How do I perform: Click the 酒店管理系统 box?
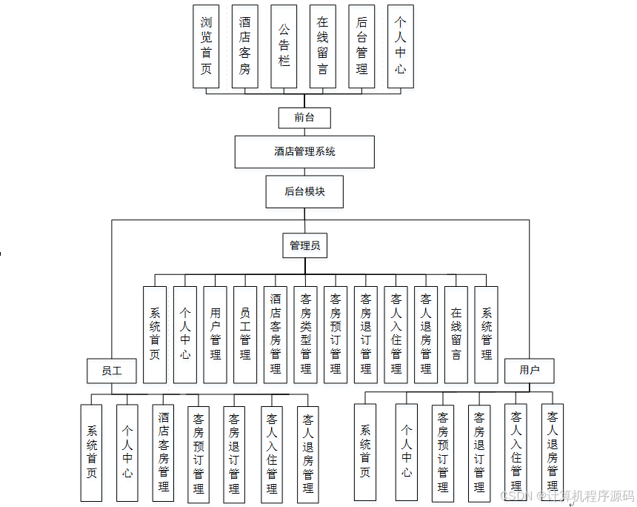pyautogui.click(x=304, y=151)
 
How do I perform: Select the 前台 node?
pyautogui.click(x=304, y=117)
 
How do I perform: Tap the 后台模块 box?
pyautogui.click(x=304, y=191)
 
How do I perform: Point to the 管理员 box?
pyautogui.click(x=304, y=245)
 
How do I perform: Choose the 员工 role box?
pyautogui.click(x=112, y=370)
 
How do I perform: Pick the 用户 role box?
pyautogui.click(x=530, y=370)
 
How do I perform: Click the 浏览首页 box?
pyautogui.click(x=206, y=47)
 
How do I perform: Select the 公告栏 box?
pyautogui.click(x=284, y=47)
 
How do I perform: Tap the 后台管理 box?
pyautogui.click(x=361, y=47)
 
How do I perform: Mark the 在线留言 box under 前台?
pyautogui.click(x=323, y=47)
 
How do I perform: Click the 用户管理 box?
pyautogui.click(x=215, y=335)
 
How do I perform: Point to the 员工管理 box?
pyautogui.click(x=245, y=335)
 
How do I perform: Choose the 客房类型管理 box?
pyautogui.click(x=305, y=335)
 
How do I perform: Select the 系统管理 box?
pyautogui.click(x=486, y=335)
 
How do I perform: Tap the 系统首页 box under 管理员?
pyautogui.click(x=154, y=335)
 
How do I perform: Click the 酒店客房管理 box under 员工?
pyautogui.click(x=164, y=452)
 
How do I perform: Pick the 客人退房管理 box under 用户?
pyautogui.click(x=552, y=452)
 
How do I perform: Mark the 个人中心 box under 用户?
pyautogui.click(x=406, y=452)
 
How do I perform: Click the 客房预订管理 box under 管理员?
pyautogui.click(x=336, y=335)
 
